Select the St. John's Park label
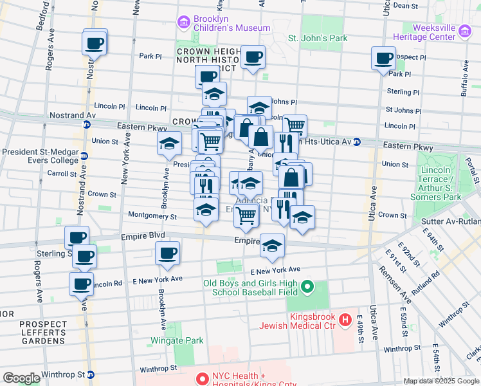[318, 38]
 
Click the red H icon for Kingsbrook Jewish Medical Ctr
[345, 318]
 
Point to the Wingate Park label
[177, 340]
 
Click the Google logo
[21, 378]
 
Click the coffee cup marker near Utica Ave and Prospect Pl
[383, 58]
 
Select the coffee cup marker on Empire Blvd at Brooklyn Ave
[168, 253]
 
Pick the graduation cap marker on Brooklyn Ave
[169, 143]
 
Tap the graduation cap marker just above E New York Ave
[272, 246]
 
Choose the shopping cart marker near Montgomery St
[246, 217]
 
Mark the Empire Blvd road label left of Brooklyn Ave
[139, 237]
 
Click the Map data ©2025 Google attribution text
[441, 381]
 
